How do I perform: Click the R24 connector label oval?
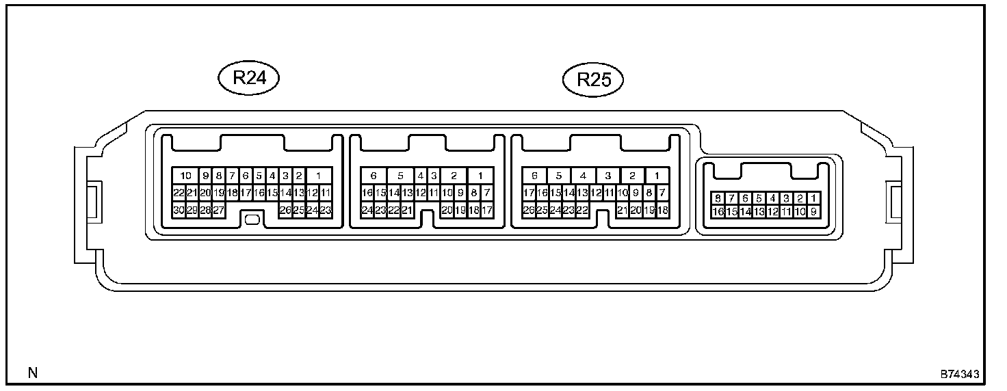pyautogui.click(x=249, y=77)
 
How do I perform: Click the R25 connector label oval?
pyautogui.click(x=593, y=80)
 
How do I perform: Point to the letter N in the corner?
pyautogui.click(x=32, y=373)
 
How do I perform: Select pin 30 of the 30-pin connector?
pyautogui.click(x=179, y=211)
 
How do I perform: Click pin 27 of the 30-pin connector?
pyautogui.click(x=218, y=211)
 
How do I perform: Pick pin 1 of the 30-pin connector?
pyautogui.click(x=319, y=176)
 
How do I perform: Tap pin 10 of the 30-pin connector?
pyautogui.click(x=185, y=176)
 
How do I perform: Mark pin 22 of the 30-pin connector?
pyautogui.click(x=179, y=193)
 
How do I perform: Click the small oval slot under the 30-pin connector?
pyautogui.click(x=251, y=219)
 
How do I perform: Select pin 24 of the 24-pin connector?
pyautogui.click(x=367, y=211)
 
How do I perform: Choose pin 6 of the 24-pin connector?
pyautogui.click(x=374, y=176)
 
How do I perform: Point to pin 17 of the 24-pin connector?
pyautogui.click(x=487, y=211)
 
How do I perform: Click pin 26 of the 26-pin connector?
pyautogui.click(x=528, y=211)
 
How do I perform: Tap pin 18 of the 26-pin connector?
pyautogui.click(x=662, y=211)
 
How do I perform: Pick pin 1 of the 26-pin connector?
pyautogui.click(x=656, y=176)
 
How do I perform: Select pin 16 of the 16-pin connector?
pyautogui.click(x=718, y=212)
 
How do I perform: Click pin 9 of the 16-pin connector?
pyautogui.click(x=813, y=212)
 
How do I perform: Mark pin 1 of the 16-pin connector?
pyautogui.click(x=813, y=198)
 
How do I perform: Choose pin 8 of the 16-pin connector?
pyautogui.click(x=718, y=198)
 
